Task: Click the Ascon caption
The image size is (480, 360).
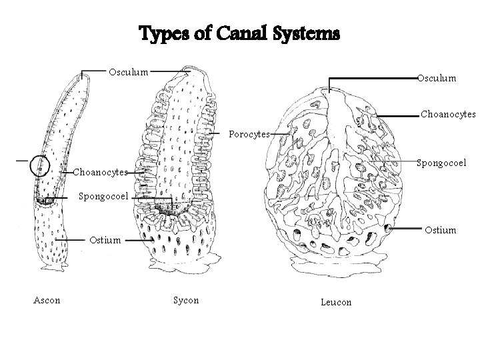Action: click(47, 300)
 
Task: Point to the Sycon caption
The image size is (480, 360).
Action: click(186, 300)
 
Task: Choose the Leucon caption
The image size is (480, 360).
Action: click(335, 302)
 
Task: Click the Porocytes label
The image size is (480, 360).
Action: click(249, 134)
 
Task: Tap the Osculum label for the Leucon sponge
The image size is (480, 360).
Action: click(437, 78)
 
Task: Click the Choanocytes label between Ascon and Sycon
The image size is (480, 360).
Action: click(100, 172)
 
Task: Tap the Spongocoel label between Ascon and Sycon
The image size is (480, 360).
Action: click(103, 197)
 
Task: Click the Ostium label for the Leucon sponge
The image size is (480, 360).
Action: click(441, 230)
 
